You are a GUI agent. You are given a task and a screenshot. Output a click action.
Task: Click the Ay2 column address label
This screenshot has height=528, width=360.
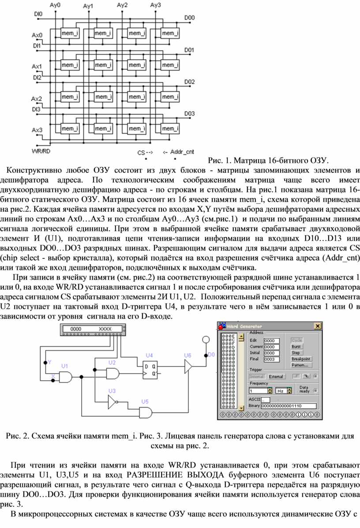point(122,5)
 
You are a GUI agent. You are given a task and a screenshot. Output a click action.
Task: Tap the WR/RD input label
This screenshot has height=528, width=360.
point(41,151)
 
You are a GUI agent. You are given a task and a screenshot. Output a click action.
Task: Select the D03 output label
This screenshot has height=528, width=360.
point(189,113)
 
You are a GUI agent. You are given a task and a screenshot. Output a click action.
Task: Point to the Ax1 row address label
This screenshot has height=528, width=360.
point(37,66)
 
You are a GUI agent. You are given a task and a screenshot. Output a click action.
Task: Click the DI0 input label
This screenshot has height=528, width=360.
point(38,14)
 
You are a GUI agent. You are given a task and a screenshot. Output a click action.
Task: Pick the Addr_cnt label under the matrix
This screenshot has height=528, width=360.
point(182,152)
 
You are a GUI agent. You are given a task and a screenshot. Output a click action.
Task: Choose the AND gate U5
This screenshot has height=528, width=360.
point(145,412)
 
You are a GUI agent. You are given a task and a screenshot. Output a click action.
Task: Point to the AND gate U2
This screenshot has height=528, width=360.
point(112,373)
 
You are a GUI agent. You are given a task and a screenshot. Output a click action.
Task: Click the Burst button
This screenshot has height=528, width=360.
point(296,347)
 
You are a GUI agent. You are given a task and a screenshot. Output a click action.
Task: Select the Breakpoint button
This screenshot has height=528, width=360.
point(301,359)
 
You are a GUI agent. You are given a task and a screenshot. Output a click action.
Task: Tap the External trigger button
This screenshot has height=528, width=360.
point(276,376)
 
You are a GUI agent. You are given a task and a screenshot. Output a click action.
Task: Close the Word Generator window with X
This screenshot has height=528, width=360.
point(317,326)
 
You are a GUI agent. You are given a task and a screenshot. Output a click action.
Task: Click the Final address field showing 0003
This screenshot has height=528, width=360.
point(271,359)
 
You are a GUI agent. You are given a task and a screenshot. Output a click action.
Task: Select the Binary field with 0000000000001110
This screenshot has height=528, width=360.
point(289,406)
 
